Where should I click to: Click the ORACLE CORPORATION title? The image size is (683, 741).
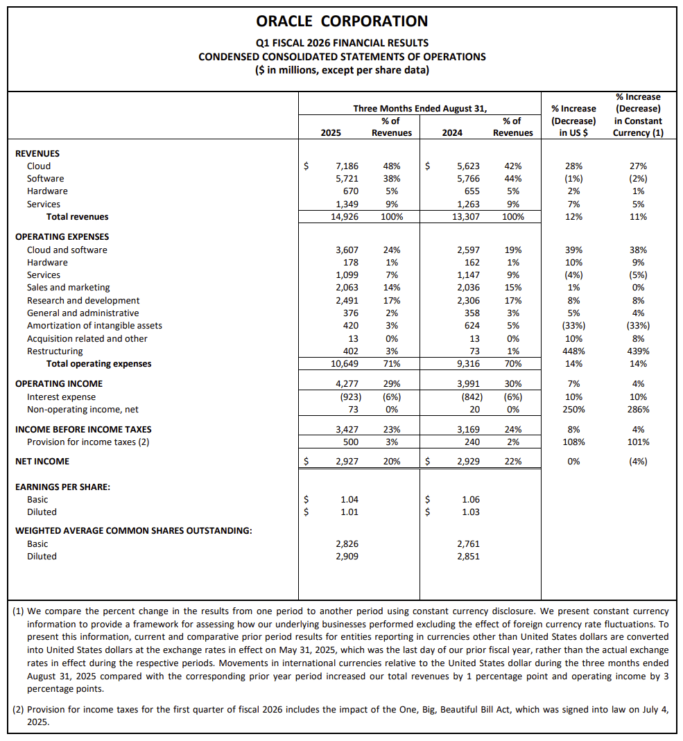[342, 21]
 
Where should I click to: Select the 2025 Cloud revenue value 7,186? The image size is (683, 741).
[347, 166]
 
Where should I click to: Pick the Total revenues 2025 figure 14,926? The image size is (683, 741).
[344, 217]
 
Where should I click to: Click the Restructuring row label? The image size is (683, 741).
[55, 351]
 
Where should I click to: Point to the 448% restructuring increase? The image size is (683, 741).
[573, 351]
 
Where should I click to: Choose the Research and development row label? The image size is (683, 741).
[83, 301]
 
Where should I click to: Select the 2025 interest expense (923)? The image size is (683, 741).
[345, 397]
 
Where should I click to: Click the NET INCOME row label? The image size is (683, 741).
[42, 462]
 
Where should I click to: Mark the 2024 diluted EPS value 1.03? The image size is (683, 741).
[470, 512]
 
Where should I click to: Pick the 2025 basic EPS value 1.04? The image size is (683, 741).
[349, 500]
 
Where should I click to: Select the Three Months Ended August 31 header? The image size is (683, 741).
[420, 109]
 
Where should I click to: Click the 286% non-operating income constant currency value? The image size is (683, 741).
[638, 410]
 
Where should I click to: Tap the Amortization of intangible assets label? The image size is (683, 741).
[94, 326]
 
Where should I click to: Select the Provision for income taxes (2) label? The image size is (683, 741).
[88, 442]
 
